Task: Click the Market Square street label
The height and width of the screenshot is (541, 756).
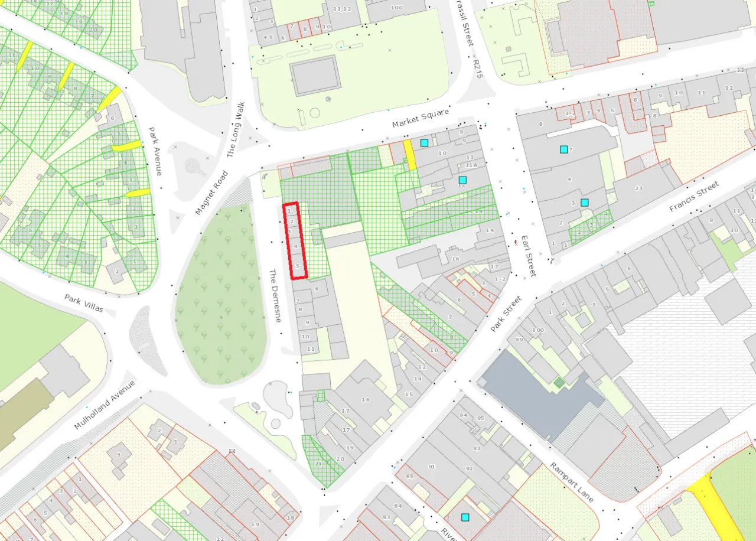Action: coord(421,118)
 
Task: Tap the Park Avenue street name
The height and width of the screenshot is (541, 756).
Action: coord(155,151)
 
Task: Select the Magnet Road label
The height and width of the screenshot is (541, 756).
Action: coord(212,193)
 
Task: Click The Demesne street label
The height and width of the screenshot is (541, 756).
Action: coord(275,295)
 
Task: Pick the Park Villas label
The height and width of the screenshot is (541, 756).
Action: coord(84,304)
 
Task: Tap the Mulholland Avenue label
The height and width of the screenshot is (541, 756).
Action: coord(105,405)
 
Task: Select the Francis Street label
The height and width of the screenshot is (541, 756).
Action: coord(695,197)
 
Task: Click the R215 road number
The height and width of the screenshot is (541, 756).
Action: coord(478,69)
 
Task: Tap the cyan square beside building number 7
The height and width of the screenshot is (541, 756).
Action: coord(563,149)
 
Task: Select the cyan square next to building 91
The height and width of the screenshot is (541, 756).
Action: coord(465,517)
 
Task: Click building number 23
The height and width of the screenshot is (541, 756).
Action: coord(638,188)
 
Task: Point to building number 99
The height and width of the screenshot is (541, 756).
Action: coord(519,340)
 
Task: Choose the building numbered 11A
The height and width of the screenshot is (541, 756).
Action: coord(471,165)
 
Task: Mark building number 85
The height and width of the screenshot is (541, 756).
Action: coord(409,476)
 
